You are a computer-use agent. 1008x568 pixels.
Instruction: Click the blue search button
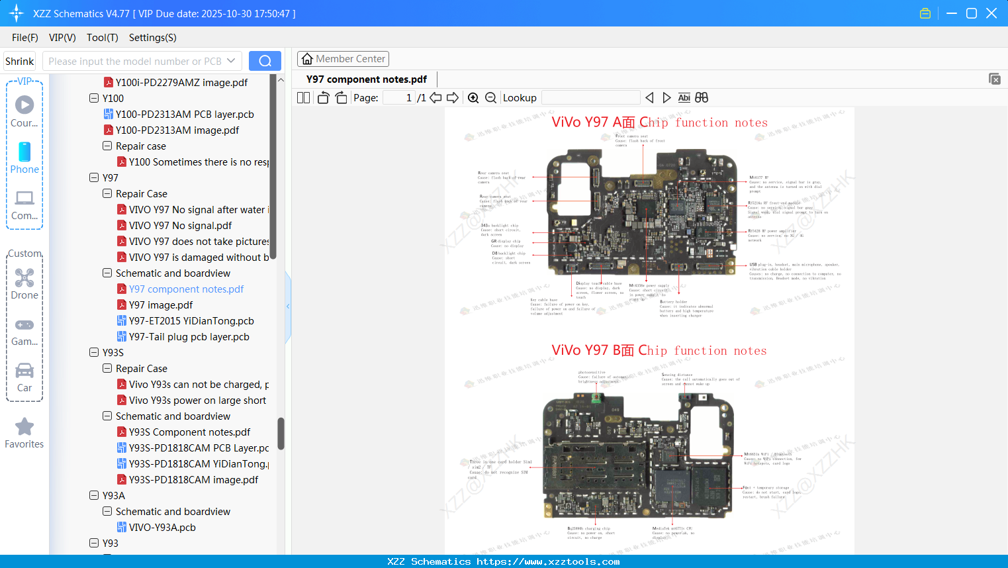(x=265, y=61)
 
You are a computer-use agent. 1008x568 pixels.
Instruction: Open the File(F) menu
(x=25, y=38)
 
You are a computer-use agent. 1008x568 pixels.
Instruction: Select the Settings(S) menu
(x=152, y=38)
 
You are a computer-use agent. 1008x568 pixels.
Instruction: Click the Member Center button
(x=343, y=59)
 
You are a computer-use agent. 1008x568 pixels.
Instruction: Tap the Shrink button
(x=20, y=61)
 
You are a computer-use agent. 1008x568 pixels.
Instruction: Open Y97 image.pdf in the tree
(x=161, y=305)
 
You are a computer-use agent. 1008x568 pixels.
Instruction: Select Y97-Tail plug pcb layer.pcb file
(x=189, y=337)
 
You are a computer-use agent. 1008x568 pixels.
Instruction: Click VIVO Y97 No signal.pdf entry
(x=180, y=226)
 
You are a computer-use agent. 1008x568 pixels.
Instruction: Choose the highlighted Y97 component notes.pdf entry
(x=186, y=289)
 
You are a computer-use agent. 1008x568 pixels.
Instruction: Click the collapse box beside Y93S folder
(x=94, y=353)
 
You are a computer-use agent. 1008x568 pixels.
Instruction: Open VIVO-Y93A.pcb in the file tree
(x=162, y=528)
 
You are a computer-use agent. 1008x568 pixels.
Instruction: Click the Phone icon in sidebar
(x=24, y=158)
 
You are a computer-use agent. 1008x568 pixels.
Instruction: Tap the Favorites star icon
(x=24, y=428)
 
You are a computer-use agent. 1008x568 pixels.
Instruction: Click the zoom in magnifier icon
(x=473, y=98)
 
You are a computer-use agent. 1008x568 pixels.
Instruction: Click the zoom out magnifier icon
(x=490, y=98)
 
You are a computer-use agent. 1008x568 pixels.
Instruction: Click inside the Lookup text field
(x=590, y=98)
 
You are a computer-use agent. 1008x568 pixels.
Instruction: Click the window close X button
(x=991, y=13)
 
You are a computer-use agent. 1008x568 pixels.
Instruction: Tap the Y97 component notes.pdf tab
(x=367, y=79)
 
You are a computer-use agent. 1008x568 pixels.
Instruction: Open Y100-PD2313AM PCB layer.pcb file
(x=185, y=115)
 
